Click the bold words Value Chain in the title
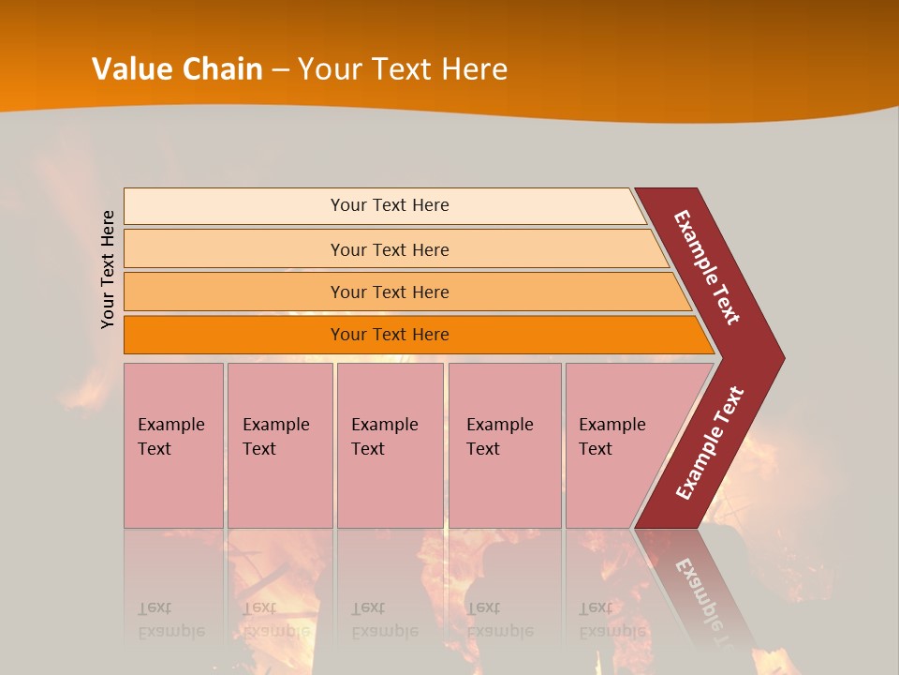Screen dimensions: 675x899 point(177,69)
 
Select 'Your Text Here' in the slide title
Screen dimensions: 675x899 point(403,69)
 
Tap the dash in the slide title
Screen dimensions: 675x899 point(280,70)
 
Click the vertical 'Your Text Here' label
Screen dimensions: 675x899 point(108,269)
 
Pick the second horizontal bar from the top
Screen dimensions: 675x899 point(390,249)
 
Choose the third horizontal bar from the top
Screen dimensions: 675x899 point(390,292)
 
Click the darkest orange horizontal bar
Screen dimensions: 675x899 point(390,335)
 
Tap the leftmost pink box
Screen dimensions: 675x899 point(173,445)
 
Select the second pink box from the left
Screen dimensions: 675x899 point(279,445)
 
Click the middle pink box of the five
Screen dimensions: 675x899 point(390,445)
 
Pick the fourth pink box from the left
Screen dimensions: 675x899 point(504,445)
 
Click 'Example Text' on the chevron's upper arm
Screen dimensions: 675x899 point(707,267)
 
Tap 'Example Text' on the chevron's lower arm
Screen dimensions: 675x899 point(710,443)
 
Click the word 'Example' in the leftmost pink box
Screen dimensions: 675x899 point(170,425)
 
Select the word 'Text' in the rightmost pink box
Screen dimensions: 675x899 point(595,449)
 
